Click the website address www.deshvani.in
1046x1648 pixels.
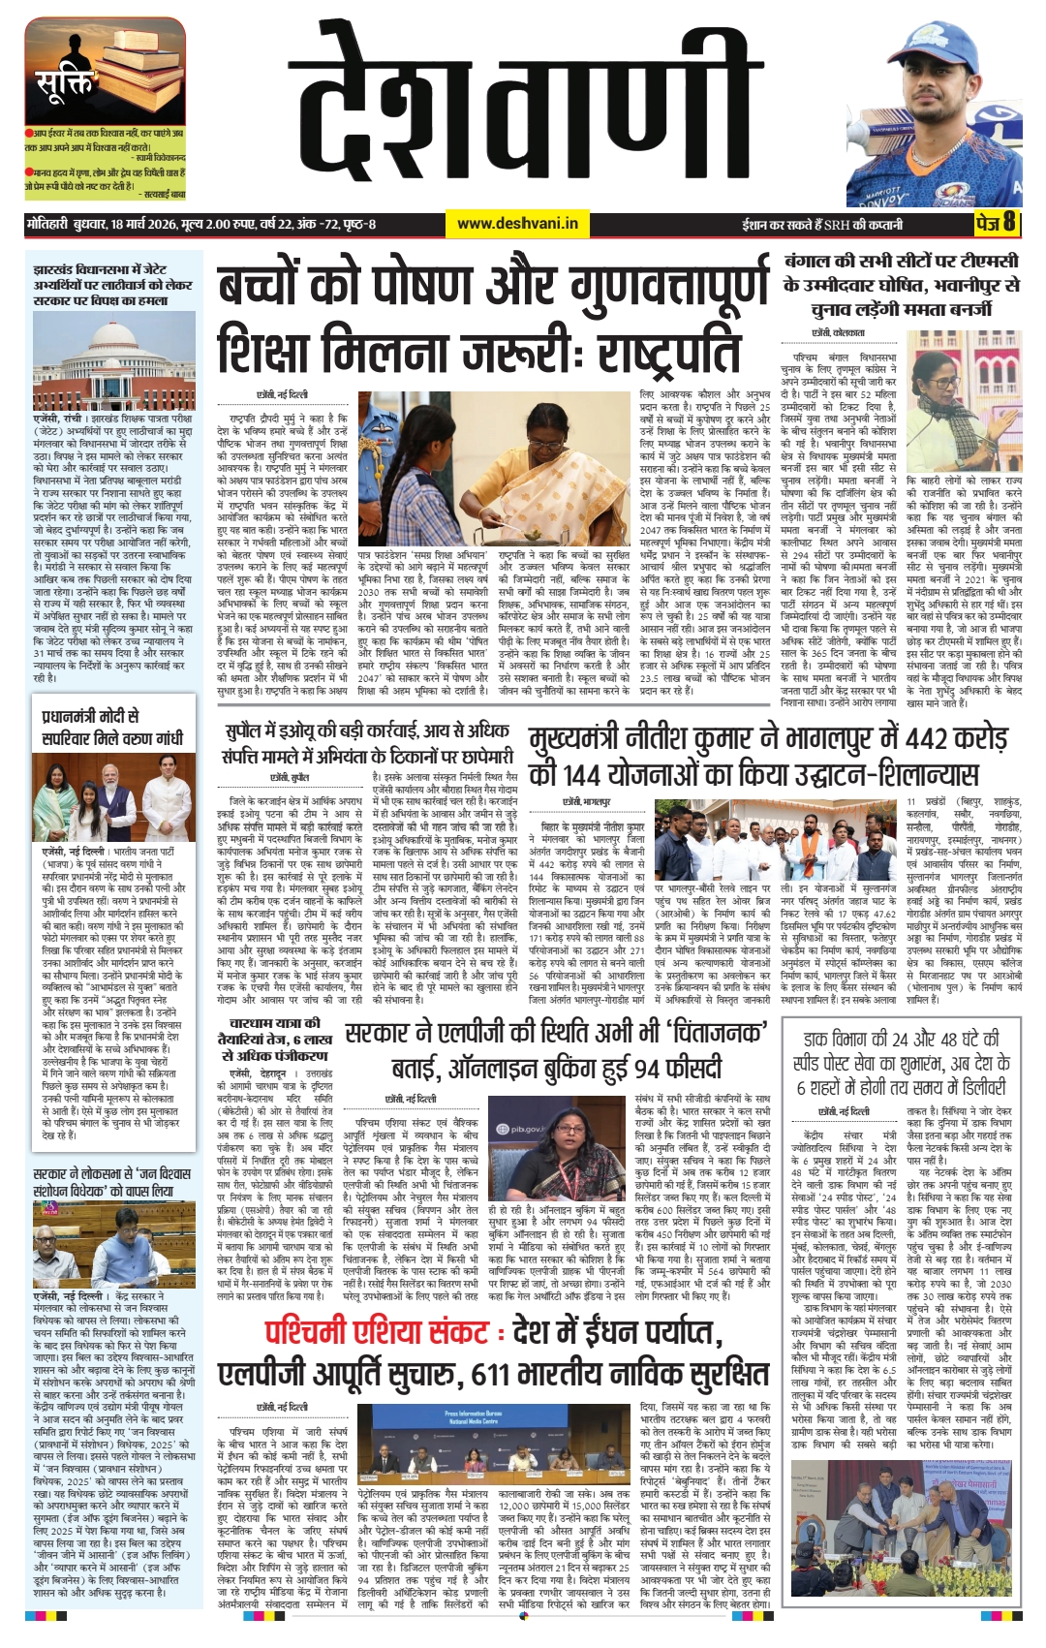(x=517, y=224)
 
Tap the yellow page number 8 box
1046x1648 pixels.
(x=998, y=223)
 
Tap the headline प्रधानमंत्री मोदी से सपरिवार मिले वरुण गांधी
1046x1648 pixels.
(x=112, y=727)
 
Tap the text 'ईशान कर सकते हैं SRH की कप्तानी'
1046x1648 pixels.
(x=821, y=224)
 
